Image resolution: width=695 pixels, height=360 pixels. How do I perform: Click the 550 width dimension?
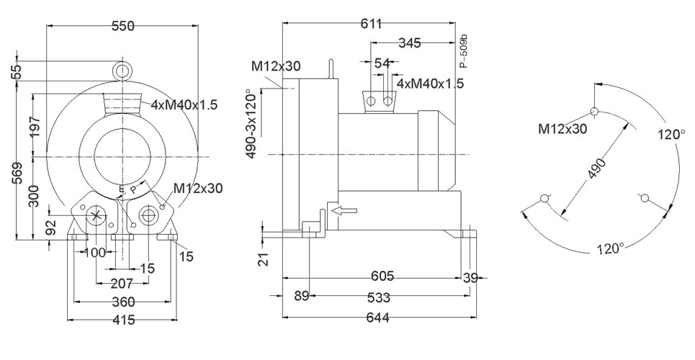pyautogui.click(x=122, y=26)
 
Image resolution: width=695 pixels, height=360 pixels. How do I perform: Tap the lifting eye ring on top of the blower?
pyautogui.click(x=122, y=70)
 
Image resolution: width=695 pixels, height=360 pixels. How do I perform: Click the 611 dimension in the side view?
pyautogui.click(x=371, y=24)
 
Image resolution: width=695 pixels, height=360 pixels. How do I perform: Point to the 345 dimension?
pyautogui.click(x=409, y=43)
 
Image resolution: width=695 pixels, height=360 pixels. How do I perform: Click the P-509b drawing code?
pyautogui.click(x=464, y=51)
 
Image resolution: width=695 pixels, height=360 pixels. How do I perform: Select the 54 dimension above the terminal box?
pyautogui.click(x=382, y=63)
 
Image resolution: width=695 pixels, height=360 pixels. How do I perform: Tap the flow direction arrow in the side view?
pyautogui.click(x=344, y=211)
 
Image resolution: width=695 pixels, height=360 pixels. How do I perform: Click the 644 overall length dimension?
pyautogui.click(x=377, y=318)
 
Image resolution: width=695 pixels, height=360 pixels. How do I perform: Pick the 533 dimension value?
pyautogui.click(x=379, y=297)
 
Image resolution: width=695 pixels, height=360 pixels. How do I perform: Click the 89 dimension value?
pyautogui.click(x=301, y=296)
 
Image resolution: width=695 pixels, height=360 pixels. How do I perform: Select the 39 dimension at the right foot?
pyautogui.click(x=470, y=278)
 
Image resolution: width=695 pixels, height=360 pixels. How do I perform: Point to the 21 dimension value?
pyautogui.click(x=264, y=259)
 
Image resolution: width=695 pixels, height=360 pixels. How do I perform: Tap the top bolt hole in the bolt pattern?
pyautogui.click(x=594, y=111)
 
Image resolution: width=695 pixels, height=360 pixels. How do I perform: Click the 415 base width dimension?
pyautogui.click(x=122, y=320)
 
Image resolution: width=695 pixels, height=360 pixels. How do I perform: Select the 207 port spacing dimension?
pyautogui.click(x=122, y=283)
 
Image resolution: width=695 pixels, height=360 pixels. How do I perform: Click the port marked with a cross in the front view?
pyautogui.click(x=97, y=216)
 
